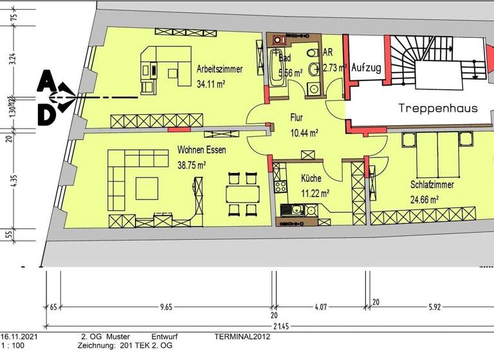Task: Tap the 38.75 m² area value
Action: coord(192,165)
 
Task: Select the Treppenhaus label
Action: coord(437,108)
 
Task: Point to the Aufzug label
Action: coord(367,67)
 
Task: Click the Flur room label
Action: coord(296,118)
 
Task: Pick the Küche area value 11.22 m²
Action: coord(316,192)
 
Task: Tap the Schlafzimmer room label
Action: coord(432,184)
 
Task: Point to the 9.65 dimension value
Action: coord(166,307)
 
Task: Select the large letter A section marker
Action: coord(46,82)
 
